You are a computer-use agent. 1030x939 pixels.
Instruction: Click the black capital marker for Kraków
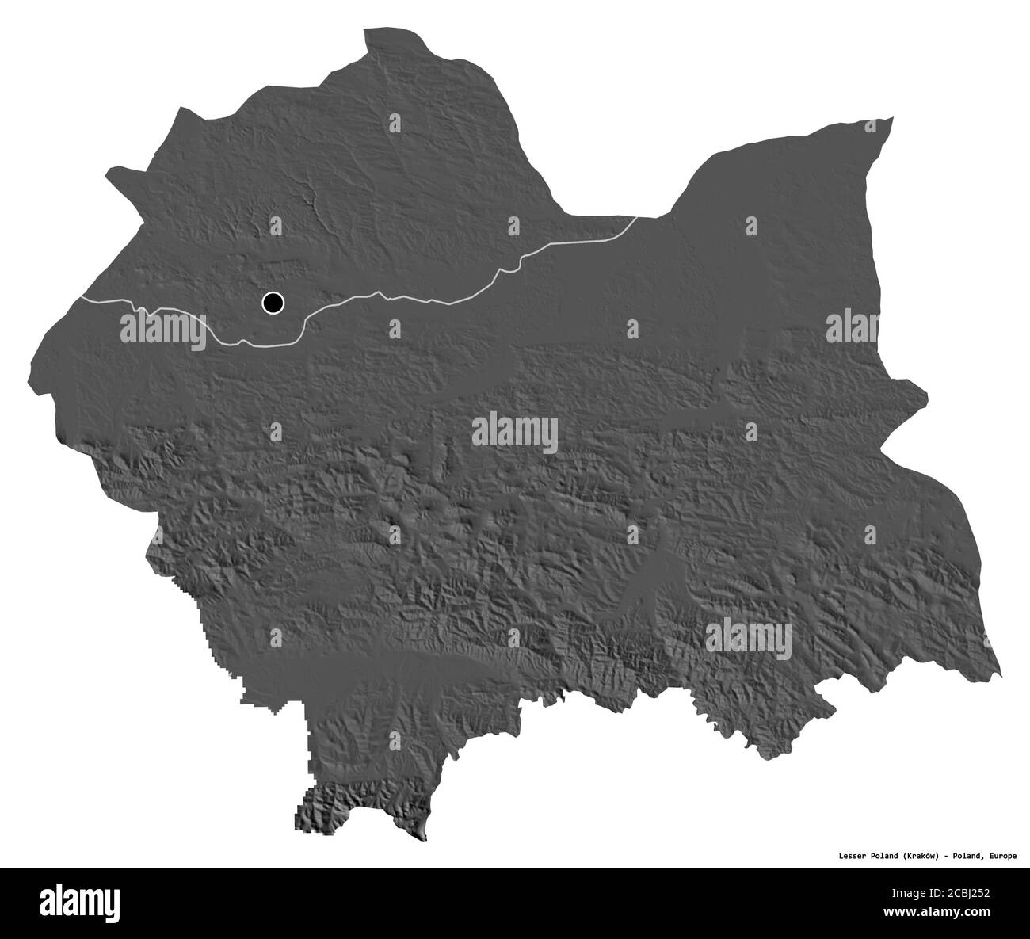273,302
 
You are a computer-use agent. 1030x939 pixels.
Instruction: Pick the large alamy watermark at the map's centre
515,433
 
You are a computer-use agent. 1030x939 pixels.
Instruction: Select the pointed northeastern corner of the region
893,118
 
